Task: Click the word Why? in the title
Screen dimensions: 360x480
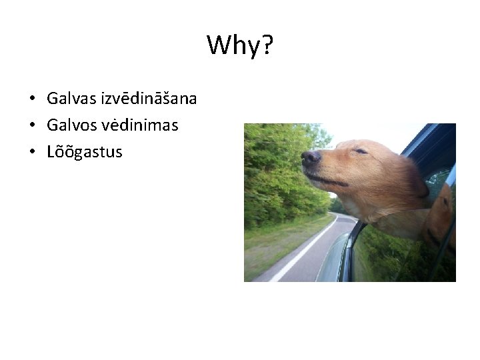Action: point(240,46)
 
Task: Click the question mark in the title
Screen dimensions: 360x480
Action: point(267,46)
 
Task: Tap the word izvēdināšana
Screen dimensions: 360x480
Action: point(149,99)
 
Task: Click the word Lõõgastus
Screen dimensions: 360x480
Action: point(85,152)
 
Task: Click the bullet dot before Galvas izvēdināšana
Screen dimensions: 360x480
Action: point(32,99)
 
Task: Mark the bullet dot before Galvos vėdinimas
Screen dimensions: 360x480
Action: point(32,126)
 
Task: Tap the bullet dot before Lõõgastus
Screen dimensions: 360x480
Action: point(32,153)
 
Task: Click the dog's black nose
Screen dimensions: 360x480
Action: point(310,157)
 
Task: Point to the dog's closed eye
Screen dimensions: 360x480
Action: point(361,151)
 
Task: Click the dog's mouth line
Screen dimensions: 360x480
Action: point(330,179)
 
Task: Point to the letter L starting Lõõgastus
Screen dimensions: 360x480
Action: point(51,152)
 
